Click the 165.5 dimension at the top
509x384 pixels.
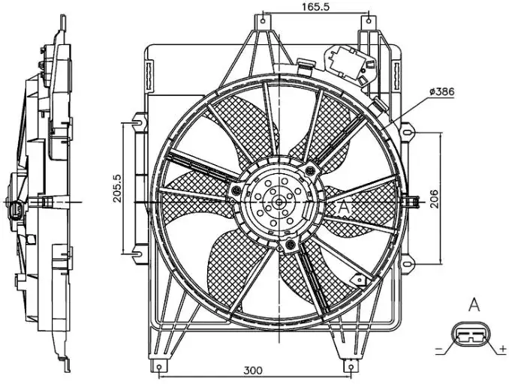point(315,7)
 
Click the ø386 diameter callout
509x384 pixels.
point(443,91)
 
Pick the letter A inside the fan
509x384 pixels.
point(345,205)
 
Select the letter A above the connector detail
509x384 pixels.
point(474,304)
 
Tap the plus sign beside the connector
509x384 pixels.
point(501,349)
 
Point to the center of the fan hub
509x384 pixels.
point(279,201)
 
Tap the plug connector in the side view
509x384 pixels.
point(16,211)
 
